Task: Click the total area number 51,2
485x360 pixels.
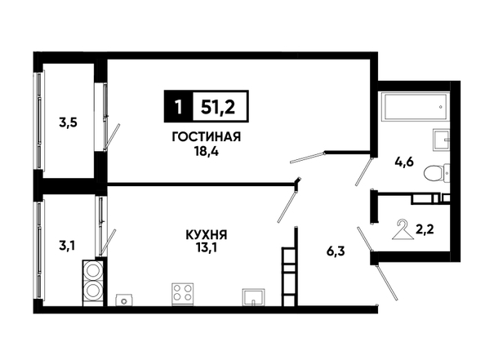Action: [x=218, y=107]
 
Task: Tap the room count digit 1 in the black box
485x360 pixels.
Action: [x=178, y=107]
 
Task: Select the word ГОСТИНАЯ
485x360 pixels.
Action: [x=207, y=136]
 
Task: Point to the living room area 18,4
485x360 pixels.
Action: [x=206, y=152]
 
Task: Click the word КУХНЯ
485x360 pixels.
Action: [x=207, y=235]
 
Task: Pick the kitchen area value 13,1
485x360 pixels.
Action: [x=206, y=248]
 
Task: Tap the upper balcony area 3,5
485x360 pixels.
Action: [x=68, y=122]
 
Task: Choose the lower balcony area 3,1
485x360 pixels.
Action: [x=67, y=247]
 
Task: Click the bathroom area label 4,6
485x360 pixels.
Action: [x=404, y=162]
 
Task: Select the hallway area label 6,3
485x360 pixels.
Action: [x=336, y=251]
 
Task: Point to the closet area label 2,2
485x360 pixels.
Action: [x=425, y=229]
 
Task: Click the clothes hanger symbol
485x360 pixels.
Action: [x=403, y=229]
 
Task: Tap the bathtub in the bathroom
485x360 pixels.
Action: [x=415, y=107]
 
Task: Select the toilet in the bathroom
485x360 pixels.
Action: [x=437, y=172]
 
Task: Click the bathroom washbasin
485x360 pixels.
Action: [x=440, y=140]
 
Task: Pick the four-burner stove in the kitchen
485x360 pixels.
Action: [x=183, y=293]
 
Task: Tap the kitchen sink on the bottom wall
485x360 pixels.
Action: [x=253, y=297]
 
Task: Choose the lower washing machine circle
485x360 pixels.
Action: [x=93, y=291]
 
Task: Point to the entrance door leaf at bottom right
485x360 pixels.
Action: [x=386, y=283]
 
